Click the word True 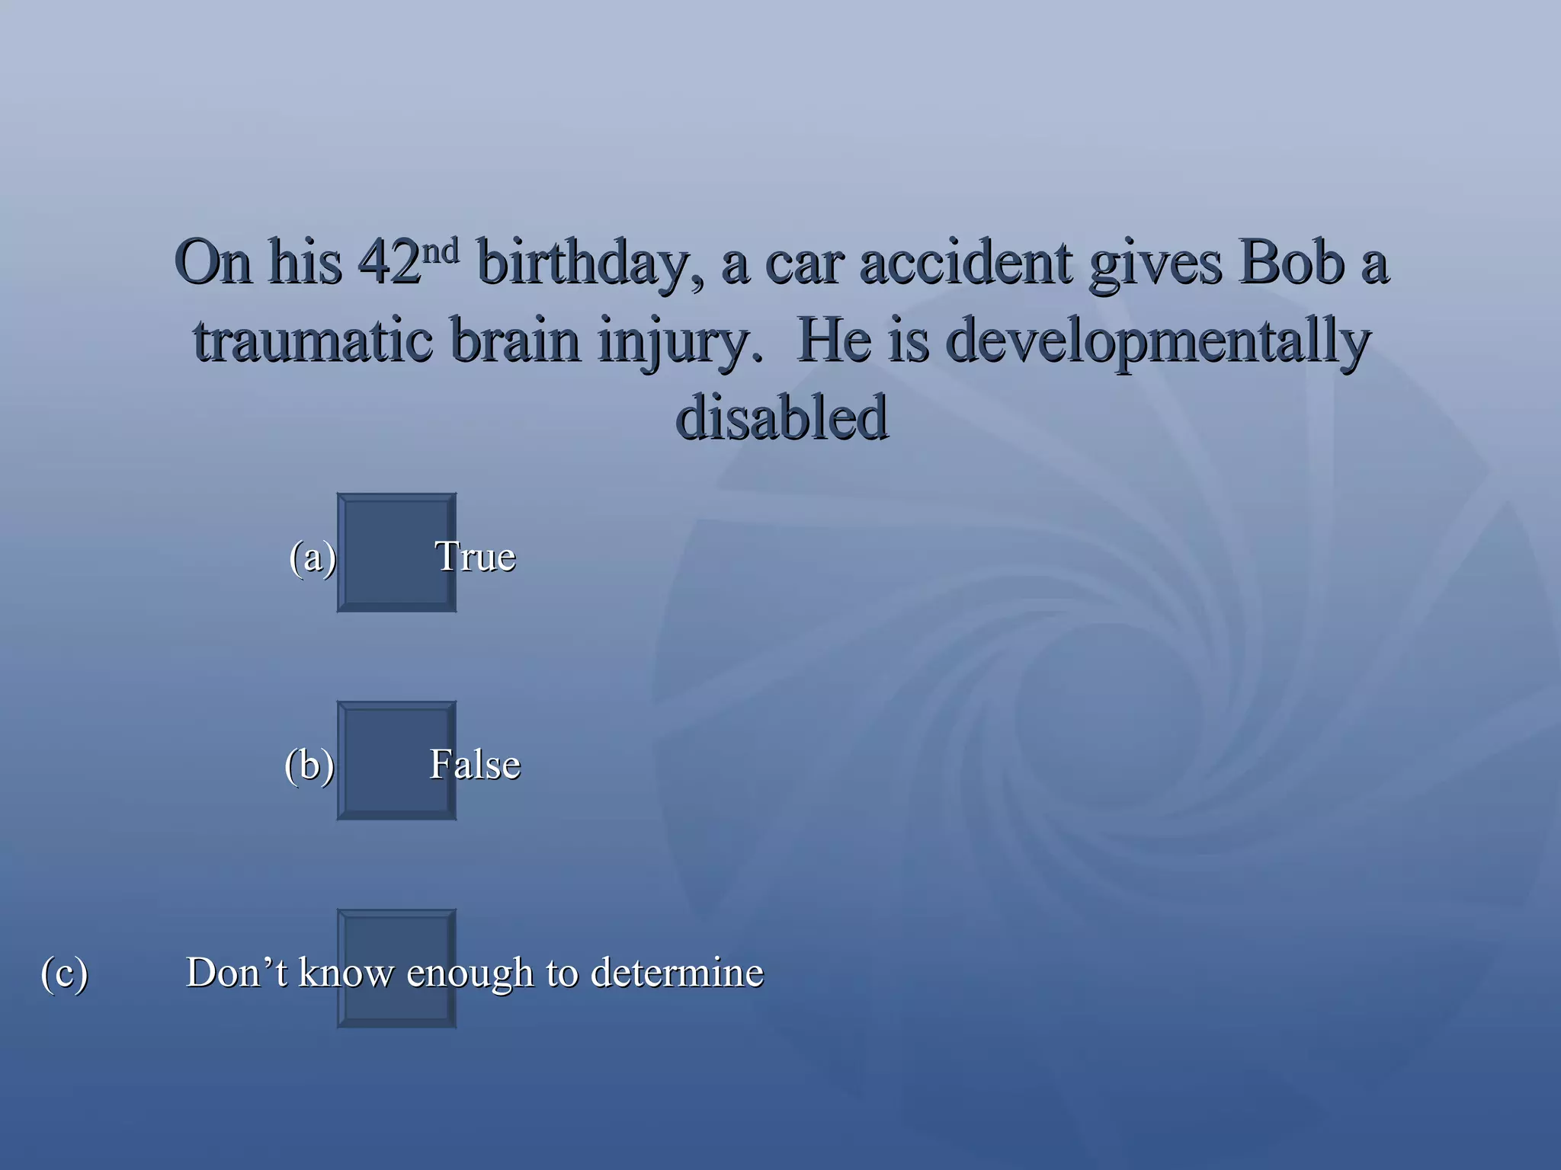475,557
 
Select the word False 475,765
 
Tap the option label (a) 313,557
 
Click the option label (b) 309,765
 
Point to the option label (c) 65,973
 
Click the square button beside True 396,552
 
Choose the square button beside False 396,760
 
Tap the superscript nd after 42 441,250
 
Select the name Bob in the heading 1292,263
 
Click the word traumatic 313,341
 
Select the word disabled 781,419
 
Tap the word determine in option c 677,973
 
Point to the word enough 470,974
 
